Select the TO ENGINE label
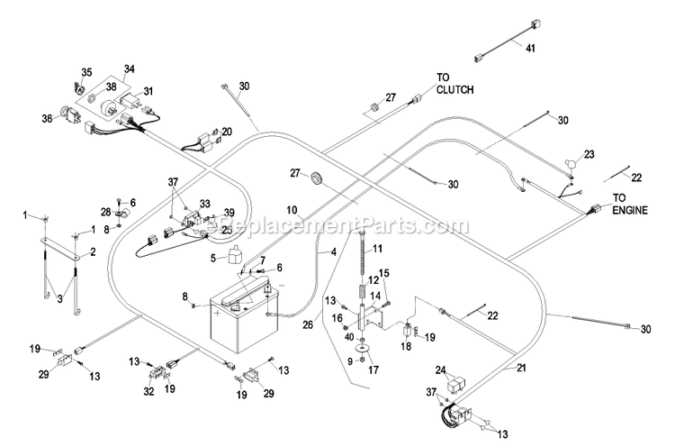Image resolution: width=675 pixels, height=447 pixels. tap(633, 203)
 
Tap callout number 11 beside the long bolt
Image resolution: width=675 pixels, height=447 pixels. tap(378, 248)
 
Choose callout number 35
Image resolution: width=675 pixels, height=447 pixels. tap(86, 72)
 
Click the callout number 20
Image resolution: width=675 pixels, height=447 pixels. tap(226, 132)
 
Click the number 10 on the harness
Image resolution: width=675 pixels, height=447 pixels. tap(291, 209)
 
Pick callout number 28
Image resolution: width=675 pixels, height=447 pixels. tap(105, 211)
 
